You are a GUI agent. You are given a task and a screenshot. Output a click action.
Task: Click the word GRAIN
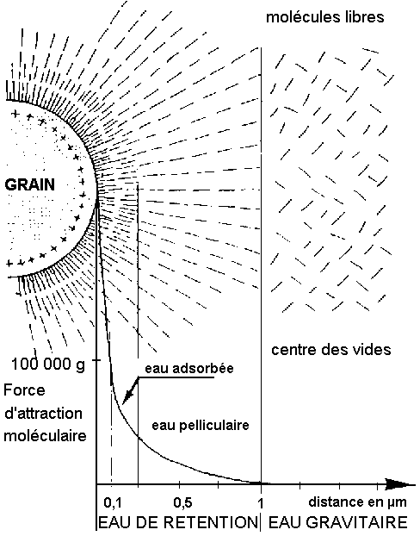30,184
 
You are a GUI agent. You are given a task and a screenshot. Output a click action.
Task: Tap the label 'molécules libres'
325,16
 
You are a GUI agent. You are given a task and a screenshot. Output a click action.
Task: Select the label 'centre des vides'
330,350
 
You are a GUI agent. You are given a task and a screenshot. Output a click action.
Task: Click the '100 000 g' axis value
48,364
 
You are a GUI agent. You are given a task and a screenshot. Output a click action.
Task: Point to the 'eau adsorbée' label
189,368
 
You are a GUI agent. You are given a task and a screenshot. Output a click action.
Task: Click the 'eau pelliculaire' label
201,425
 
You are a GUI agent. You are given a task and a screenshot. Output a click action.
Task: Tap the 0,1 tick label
113,502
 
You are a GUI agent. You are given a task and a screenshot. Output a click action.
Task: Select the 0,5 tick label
182,502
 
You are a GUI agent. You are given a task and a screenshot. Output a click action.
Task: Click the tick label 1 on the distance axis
261,503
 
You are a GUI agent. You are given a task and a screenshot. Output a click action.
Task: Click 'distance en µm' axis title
357,502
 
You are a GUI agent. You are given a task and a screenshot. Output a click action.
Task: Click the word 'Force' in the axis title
24,390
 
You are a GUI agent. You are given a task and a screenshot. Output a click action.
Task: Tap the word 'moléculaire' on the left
45,436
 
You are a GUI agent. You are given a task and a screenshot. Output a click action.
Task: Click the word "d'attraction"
43,414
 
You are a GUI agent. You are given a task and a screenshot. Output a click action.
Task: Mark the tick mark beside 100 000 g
97,360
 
